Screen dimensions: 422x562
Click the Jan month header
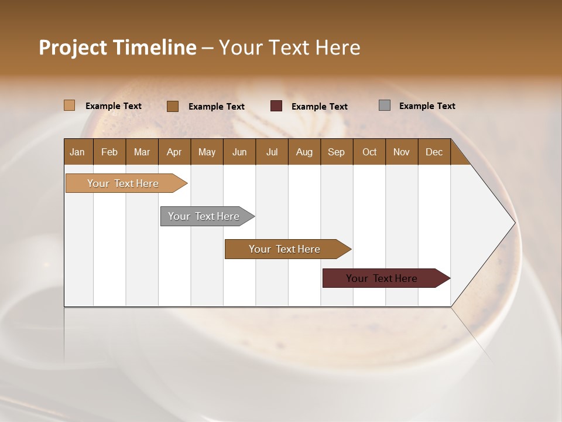[78, 152]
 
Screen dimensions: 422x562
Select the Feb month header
[109, 152]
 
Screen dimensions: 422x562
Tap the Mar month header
[142, 152]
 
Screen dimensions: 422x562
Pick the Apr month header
[174, 152]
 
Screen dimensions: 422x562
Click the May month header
[207, 152]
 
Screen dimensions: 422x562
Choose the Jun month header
[239, 152]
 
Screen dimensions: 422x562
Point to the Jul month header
[272, 152]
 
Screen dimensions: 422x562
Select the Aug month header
[304, 152]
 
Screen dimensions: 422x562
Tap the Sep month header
[337, 152]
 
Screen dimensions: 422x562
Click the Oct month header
[369, 152]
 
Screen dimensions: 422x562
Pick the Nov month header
[402, 152]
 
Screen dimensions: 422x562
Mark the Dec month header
[434, 152]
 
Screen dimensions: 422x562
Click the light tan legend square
[70, 105]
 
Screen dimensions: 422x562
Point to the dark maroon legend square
[276, 105]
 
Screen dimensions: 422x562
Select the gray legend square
[385, 105]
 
